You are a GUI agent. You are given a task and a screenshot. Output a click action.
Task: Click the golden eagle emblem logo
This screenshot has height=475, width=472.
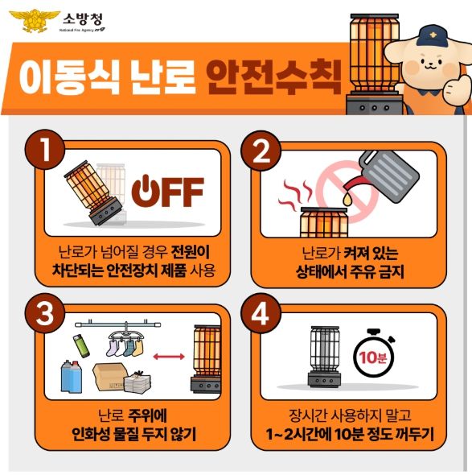pyautogui.click(x=35, y=21)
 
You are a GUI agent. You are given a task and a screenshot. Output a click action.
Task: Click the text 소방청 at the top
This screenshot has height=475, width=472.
pyautogui.click(x=83, y=19)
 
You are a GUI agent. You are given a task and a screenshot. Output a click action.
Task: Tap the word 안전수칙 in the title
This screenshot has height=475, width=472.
pyautogui.click(x=274, y=77)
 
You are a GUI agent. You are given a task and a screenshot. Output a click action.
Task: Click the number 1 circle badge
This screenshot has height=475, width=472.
pyautogui.click(x=45, y=150)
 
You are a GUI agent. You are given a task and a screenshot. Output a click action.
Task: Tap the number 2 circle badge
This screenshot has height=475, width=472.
pyautogui.click(x=261, y=151)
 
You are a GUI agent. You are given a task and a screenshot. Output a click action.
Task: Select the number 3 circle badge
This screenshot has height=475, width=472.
pyautogui.click(x=45, y=313)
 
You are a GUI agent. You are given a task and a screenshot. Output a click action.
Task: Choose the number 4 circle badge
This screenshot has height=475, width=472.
pyautogui.click(x=261, y=313)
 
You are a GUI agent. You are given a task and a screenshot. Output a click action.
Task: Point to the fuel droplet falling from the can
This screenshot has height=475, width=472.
pyautogui.click(x=347, y=199)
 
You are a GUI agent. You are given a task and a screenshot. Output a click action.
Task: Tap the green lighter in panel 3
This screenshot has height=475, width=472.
pyautogui.click(x=81, y=345)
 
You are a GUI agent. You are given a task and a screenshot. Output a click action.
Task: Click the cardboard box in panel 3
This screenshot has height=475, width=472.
pyautogui.click(x=110, y=377)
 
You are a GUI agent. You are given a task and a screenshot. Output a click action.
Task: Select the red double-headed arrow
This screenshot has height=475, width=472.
pyautogui.click(x=169, y=357)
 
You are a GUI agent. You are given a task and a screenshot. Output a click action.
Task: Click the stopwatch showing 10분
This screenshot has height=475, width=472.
pyautogui.click(x=374, y=353)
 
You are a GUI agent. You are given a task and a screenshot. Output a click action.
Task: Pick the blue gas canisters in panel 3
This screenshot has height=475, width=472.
pyautogui.click(x=71, y=376)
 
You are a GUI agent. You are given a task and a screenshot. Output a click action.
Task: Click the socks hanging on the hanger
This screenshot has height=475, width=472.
pyautogui.click(x=124, y=348)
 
